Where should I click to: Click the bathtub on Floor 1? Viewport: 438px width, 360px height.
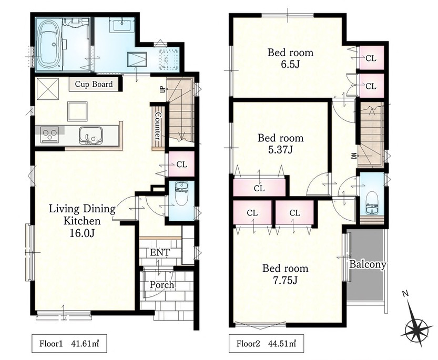[x=48, y=45]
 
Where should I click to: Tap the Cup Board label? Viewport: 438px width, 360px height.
[x=94, y=84]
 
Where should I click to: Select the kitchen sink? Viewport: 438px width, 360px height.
[x=90, y=136]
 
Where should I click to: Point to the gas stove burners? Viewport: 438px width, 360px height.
[x=49, y=135]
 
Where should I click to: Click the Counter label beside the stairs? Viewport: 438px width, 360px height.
[x=158, y=126]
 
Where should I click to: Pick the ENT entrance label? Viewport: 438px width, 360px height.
[x=159, y=252]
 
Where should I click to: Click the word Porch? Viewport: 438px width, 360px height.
[x=162, y=285]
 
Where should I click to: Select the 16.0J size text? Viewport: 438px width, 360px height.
[x=82, y=233]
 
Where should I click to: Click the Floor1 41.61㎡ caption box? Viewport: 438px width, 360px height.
[x=69, y=343]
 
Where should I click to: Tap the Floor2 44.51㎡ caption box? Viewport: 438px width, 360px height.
[x=266, y=343]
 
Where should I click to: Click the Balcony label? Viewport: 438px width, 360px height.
[x=368, y=264]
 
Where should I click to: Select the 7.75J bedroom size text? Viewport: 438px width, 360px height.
[x=285, y=280]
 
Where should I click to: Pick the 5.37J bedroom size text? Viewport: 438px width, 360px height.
[x=280, y=150]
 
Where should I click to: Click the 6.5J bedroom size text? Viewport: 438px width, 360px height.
[x=290, y=65]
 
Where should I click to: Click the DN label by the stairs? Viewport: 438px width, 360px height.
[x=353, y=156]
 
